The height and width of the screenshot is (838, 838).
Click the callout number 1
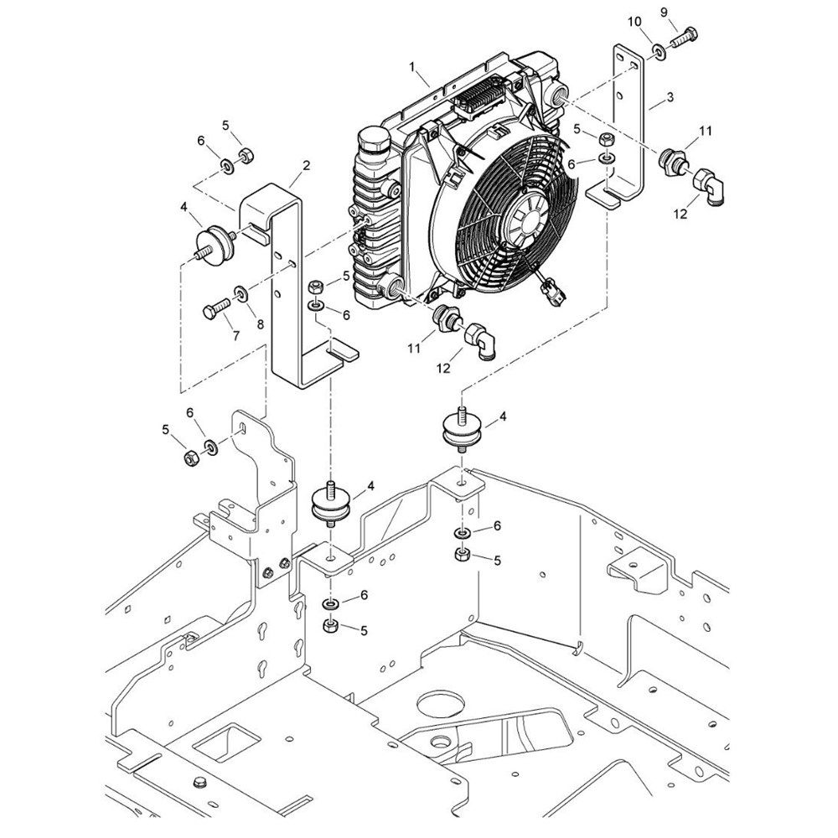[x=412, y=66]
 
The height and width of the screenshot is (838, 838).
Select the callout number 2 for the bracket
[x=306, y=166]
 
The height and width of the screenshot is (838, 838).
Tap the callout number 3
[x=670, y=96]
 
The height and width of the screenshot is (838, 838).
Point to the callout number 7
[x=235, y=335]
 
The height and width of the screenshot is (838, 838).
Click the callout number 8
[x=261, y=324]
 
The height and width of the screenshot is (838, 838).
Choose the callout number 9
[x=665, y=13]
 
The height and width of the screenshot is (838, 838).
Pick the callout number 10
[x=634, y=22]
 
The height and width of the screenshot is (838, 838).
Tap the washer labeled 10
[x=659, y=52]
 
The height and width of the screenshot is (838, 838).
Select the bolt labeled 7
[x=216, y=308]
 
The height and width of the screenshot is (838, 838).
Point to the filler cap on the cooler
[x=373, y=140]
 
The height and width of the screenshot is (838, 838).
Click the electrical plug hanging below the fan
[x=551, y=292]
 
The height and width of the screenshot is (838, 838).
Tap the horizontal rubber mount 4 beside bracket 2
[x=214, y=244]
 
